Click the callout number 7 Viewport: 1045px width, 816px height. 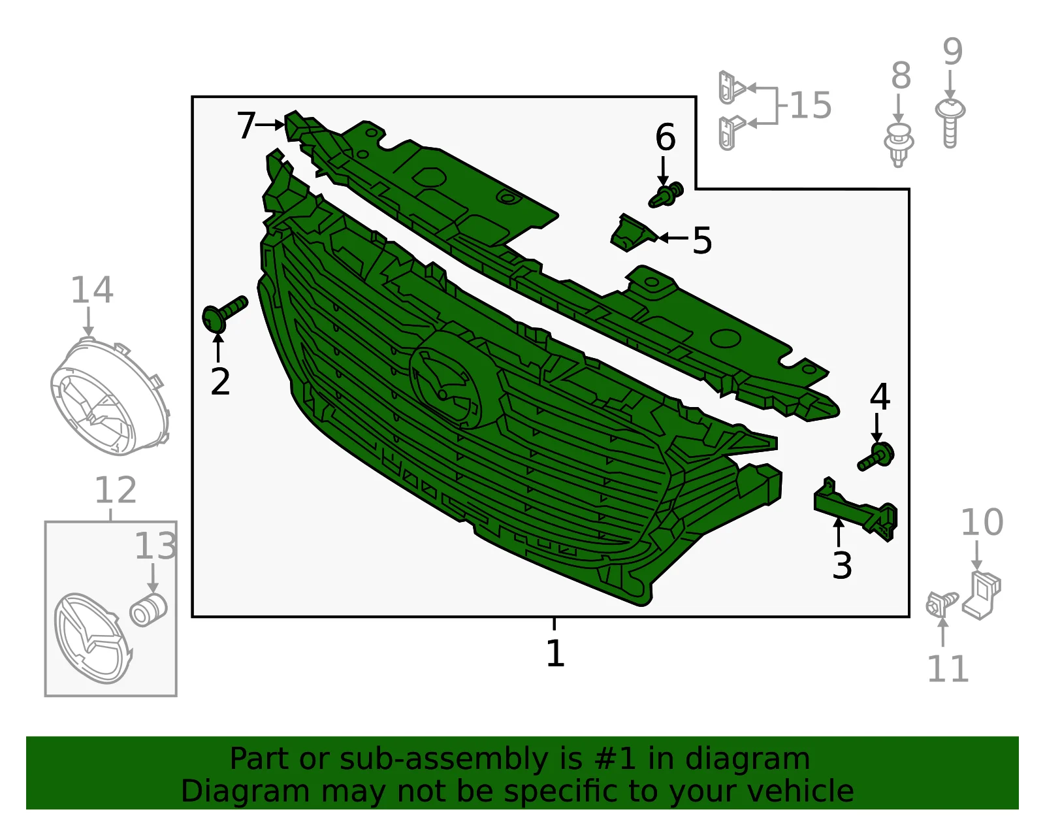click(247, 125)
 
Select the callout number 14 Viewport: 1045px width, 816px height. click(92, 290)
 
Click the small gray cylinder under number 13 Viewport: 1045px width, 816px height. click(148, 610)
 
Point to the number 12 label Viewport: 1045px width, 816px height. click(116, 490)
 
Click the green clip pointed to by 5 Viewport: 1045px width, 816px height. click(634, 233)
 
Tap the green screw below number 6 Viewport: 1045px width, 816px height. click(666, 195)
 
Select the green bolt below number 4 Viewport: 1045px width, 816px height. click(876, 457)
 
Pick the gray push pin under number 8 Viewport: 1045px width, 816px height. click(898, 144)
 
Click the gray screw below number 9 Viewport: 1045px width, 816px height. click(950, 123)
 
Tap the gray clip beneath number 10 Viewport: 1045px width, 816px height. click(982, 595)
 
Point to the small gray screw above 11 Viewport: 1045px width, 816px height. click(940, 604)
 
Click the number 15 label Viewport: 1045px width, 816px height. click(811, 105)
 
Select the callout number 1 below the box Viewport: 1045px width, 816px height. click(555, 653)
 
